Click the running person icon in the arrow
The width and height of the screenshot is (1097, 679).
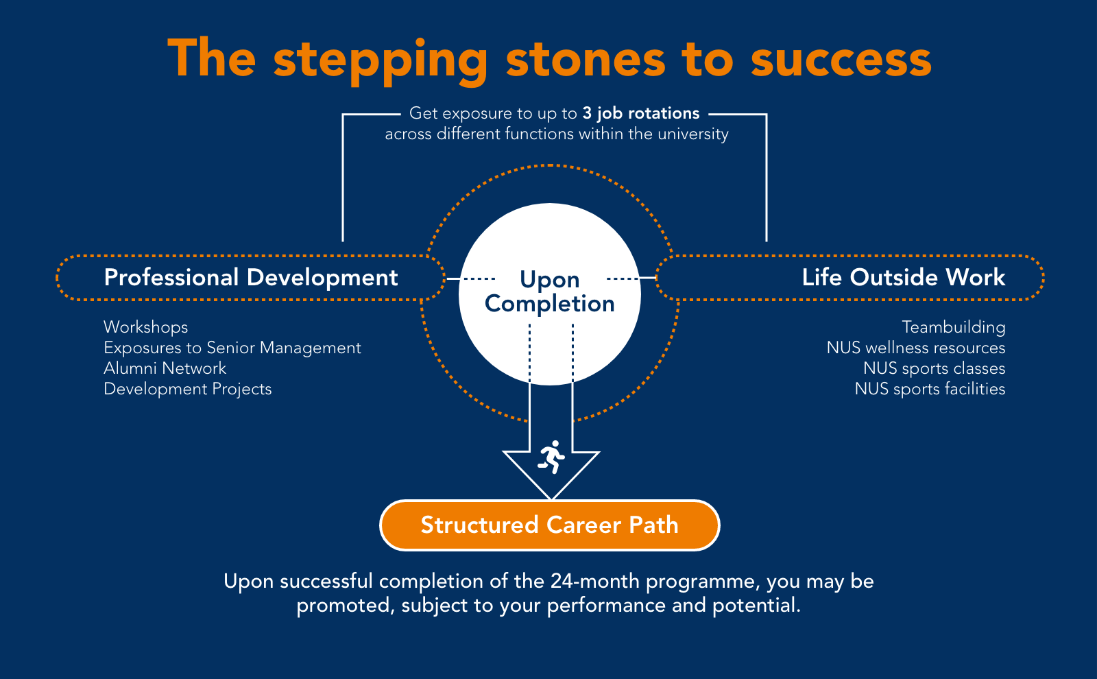551,457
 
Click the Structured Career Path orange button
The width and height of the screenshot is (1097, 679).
550,525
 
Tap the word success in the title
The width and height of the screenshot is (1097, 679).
841,60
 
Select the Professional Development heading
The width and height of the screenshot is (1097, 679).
251,278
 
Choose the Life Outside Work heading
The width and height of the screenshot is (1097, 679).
904,277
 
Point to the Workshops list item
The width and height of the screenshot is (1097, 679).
146,327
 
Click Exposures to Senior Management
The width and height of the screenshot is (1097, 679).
232,348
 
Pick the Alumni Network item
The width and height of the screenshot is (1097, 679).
165,368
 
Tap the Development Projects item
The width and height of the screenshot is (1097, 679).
188,389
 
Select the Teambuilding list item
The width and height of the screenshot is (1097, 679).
954,327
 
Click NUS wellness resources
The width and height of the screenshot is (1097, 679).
916,348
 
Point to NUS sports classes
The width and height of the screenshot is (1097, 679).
935,368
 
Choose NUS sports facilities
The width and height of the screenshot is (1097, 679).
930,389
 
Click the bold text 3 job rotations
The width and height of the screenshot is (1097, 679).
641,113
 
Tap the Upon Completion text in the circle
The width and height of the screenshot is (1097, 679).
550,291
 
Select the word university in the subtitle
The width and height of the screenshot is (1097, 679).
693,134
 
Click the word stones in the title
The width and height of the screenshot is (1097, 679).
586,60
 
